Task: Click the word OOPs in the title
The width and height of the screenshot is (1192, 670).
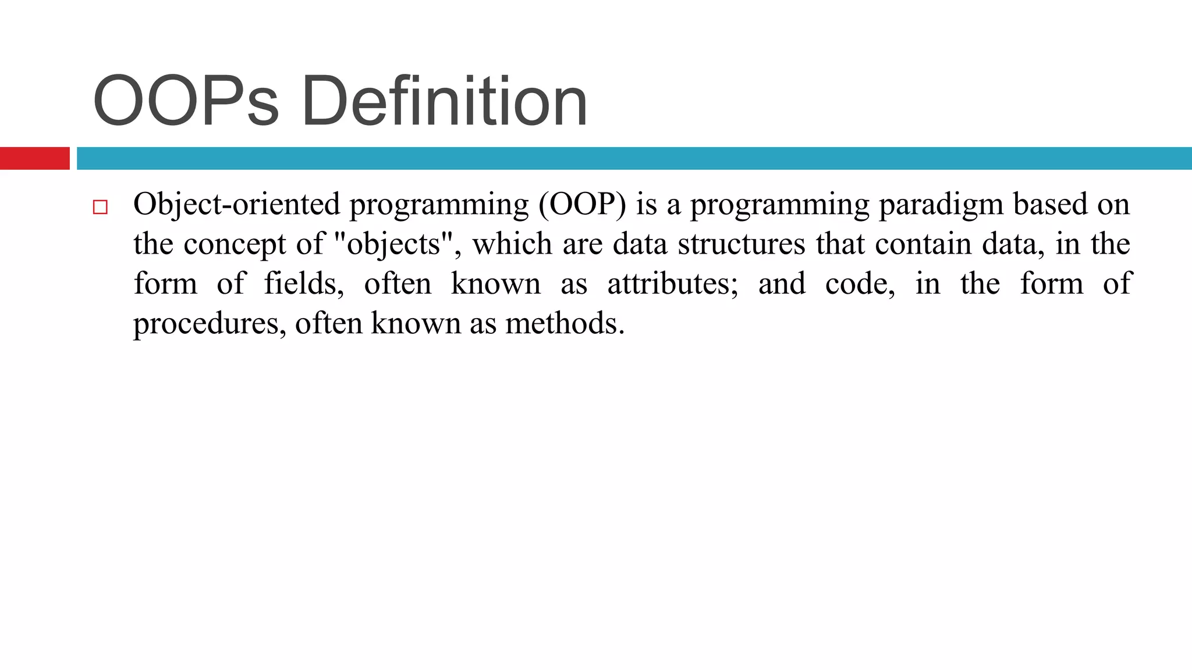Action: point(185,102)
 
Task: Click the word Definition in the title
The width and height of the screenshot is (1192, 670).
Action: point(444,102)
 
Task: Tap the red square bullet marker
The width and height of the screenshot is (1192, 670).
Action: point(100,208)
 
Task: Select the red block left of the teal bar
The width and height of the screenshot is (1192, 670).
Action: point(34,158)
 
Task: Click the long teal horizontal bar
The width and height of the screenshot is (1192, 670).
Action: point(633,158)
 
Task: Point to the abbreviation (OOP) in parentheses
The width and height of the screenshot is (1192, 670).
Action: point(582,205)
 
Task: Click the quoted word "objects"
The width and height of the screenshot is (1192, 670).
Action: point(394,244)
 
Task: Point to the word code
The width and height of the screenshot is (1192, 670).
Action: point(860,284)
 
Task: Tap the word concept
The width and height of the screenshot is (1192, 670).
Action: point(235,244)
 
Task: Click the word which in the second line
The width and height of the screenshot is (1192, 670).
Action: point(512,244)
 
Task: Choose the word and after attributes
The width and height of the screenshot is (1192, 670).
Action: point(782,284)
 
